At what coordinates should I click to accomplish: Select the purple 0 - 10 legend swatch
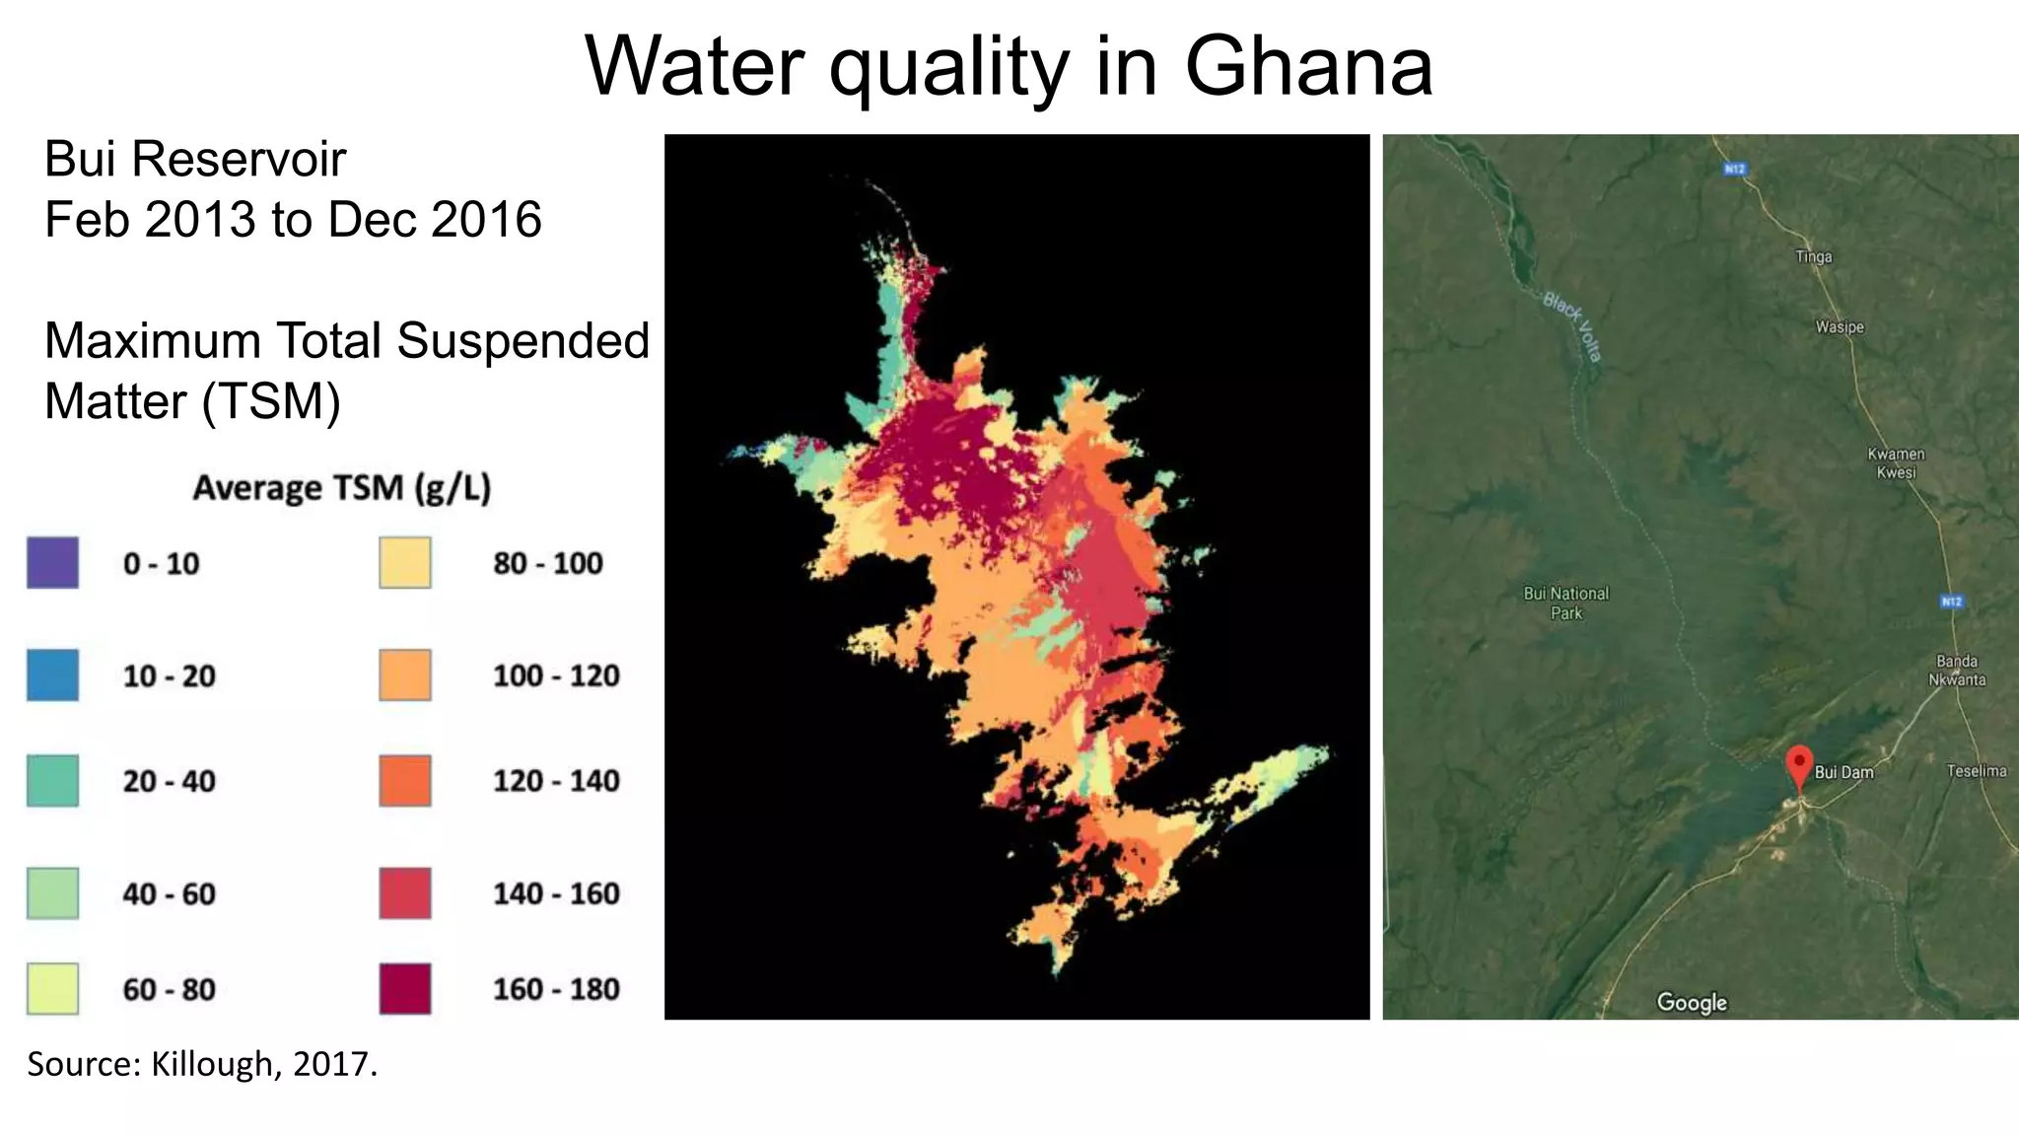(52, 563)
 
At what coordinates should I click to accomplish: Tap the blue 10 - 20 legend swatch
(52, 675)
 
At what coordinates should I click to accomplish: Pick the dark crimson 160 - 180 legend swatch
(405, 989)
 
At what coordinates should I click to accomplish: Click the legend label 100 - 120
(556, 676)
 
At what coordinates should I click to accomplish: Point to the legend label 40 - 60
(169, 894)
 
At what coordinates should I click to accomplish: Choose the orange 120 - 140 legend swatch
(405, 781)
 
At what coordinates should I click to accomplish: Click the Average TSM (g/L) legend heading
(341, 488)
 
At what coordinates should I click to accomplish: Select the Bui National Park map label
(1566, 603)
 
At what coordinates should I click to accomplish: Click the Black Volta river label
(1573, 326)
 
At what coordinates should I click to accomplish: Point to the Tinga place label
(1814, 256)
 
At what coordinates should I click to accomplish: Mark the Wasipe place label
(1840, 327)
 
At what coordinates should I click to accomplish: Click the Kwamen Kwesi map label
(1896, 462)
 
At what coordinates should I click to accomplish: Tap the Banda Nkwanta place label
(1957, 671)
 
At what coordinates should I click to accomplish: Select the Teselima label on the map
(1976, 771)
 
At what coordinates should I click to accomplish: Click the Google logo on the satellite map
(1692, 1002)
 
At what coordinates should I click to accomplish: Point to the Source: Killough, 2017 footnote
(202, 1064)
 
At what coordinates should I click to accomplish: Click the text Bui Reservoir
(195, 159)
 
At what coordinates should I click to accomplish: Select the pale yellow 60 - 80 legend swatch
(52, 989)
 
